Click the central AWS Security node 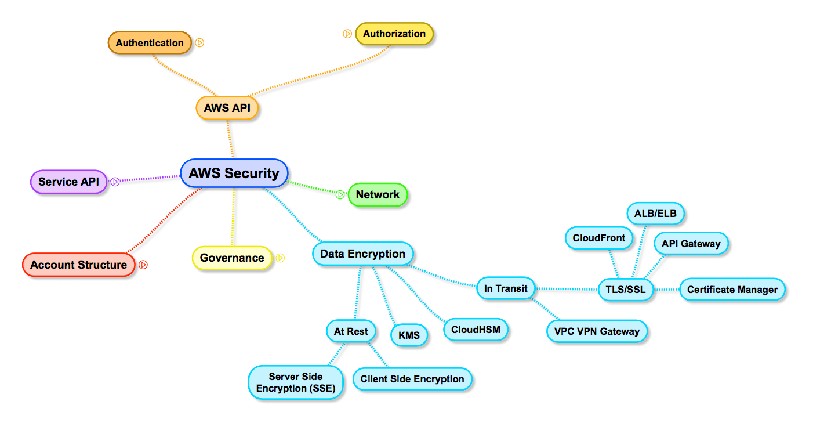[x=234, y=173]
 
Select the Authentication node [x=149, y=43]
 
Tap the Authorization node [x=394, y=34]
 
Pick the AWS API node [x=227, y=108]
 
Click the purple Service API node [x=68, y=182]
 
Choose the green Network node [x=378, y=195]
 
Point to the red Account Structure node [x=78, y=265]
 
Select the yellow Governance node [x=231, y=258]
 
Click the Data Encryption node [x=362, y=254]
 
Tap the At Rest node [x=351, y=331]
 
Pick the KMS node [x=409, y=335]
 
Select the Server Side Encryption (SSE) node [x=295, y=382]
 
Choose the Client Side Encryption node [x=412, y=379]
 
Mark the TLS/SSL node [x=625, y=290]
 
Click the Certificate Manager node [x=732, y=290]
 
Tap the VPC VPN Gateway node [x=597, y=331]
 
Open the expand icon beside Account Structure [x=143, y=265]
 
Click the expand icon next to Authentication [x=199, y=42]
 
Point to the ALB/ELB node [x=655, y=214]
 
